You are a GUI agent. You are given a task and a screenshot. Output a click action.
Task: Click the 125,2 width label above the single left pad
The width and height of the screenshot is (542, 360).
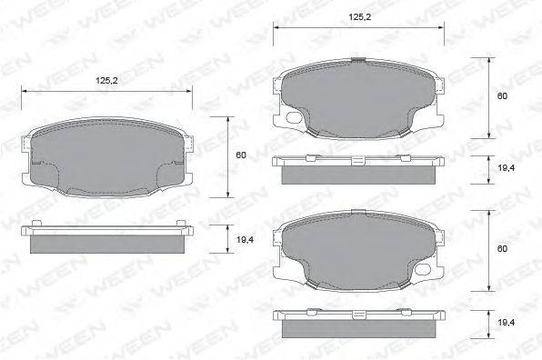point(107,81)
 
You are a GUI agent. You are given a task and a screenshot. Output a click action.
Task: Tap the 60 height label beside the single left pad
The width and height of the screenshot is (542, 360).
point(241,155)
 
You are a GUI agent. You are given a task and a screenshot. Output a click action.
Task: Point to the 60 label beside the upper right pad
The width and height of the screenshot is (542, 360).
point(501,96)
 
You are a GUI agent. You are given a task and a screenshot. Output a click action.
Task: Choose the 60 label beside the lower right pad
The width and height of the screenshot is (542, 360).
point(501,248)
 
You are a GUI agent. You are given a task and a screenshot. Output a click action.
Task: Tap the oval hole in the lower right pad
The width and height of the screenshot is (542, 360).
point(293,271)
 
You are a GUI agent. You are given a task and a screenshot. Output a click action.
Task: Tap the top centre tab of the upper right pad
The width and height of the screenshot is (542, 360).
point(357,61)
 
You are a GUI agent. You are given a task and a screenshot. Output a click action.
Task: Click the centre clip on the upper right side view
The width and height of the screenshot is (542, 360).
point(357,158)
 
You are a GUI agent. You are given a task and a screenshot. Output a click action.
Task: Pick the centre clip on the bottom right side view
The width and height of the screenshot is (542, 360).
point(357,313)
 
